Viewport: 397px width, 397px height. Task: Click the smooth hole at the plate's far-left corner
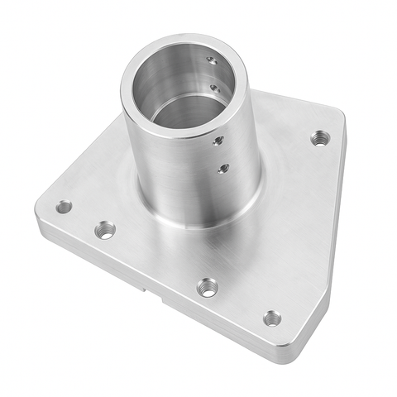pyautogui.click(x=64, y=207)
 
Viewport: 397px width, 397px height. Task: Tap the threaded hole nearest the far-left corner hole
pyautogui.click(x=105, y=230)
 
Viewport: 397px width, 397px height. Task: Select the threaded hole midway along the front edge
pyautogui.click(x=208, y=288)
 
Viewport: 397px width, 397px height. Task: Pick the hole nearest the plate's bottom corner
pyautogui.click(x=272, y=318)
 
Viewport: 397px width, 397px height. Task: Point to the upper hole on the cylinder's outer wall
pyautogui.click(x=218, y=141)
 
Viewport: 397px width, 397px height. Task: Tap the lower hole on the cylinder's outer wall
pyautogui.click(x=223, y=169)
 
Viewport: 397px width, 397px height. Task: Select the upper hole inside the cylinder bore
pyautogui.click(x=212, y=60)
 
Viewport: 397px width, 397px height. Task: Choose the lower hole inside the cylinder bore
pyautogui.click(x=215, y=88)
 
